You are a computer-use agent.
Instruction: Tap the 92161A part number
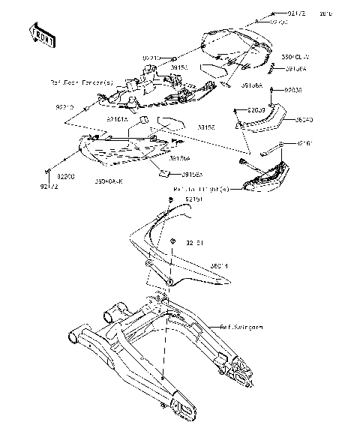click(117, 118)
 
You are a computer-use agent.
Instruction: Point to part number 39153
click(178, 67)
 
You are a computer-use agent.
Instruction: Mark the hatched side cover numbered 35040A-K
click(124, 153)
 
